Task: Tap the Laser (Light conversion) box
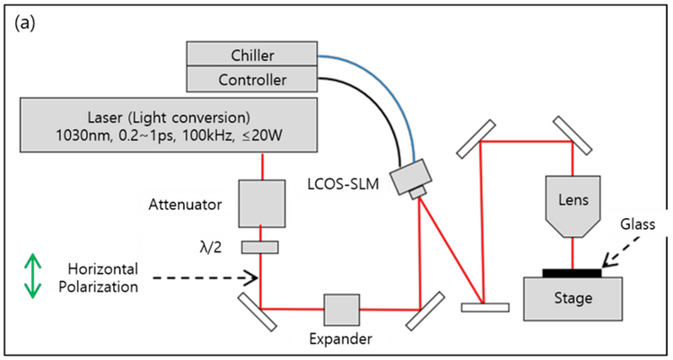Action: (x=168, y=126)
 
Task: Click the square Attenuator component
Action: (x=261, y=204)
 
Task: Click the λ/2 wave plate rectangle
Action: (x=260, y=247)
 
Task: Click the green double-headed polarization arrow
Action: (x=32, y=276)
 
